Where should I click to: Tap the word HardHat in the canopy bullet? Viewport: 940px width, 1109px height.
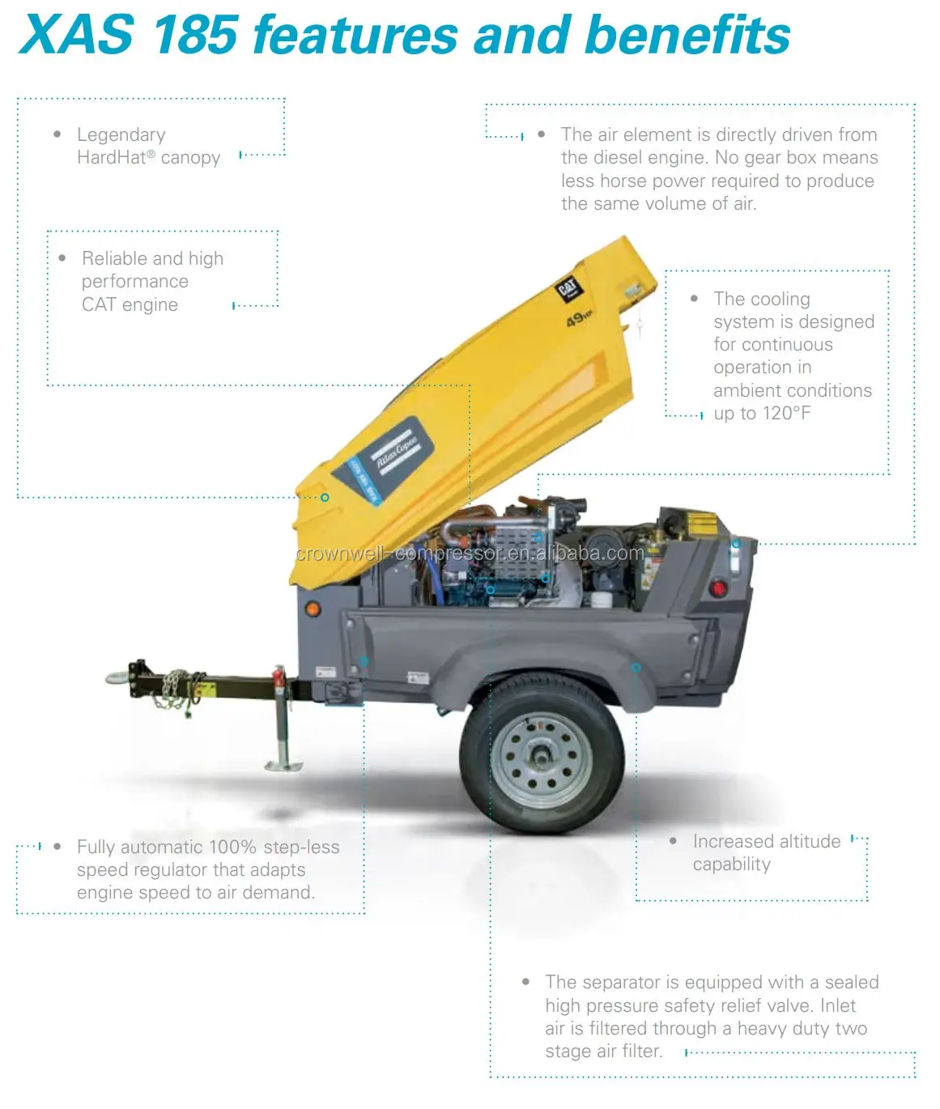point(111,158)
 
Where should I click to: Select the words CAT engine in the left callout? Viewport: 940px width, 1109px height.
point(130,305)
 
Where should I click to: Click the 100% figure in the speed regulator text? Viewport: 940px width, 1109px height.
point(232,848)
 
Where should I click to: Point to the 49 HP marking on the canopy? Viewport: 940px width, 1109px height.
point(578,320)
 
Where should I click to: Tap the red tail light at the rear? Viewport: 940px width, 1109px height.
point(717,587)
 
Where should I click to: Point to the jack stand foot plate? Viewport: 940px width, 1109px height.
point(283,765)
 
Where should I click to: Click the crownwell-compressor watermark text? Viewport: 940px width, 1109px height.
point(470,554)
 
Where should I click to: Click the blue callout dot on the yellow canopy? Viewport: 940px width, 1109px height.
point(325,497)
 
